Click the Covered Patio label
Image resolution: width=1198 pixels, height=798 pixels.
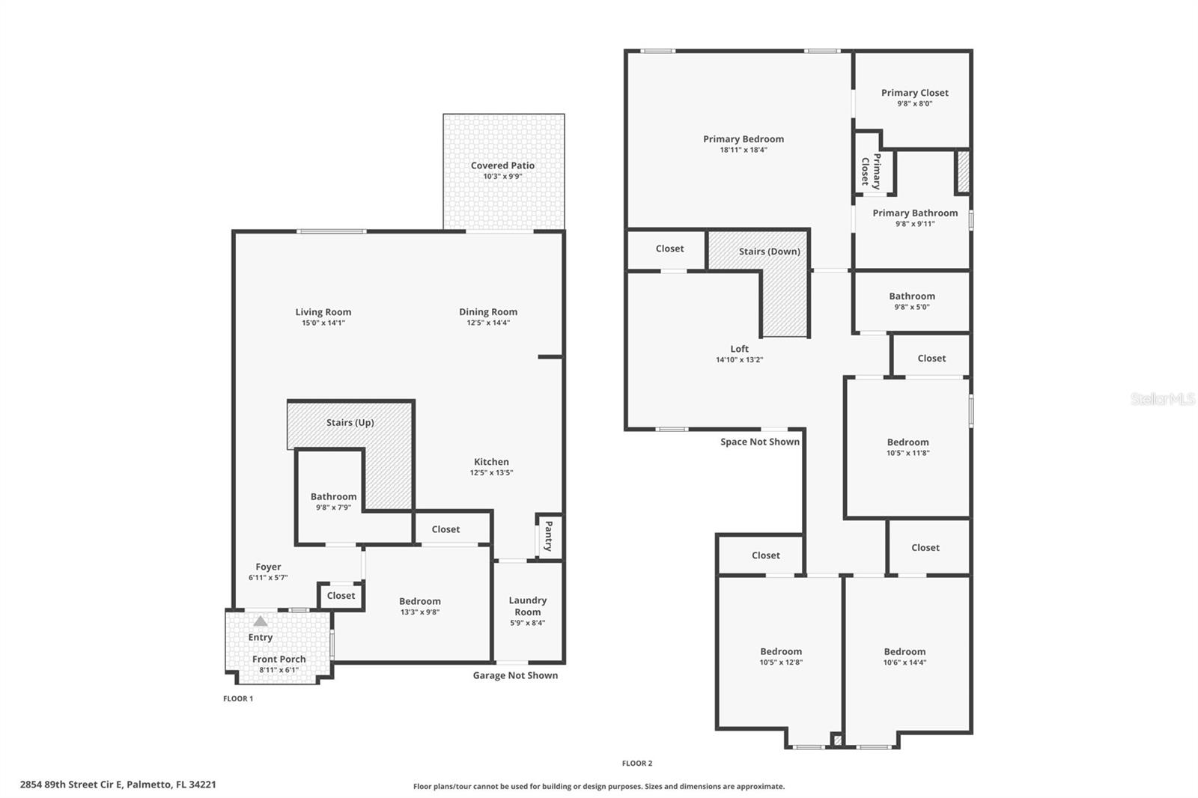point(502,165)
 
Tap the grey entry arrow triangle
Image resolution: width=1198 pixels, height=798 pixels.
point(260,621)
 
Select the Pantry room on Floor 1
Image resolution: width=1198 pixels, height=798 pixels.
point(549,536)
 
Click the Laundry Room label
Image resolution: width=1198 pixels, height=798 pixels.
point(527,606)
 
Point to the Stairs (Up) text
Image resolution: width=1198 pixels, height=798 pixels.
point(350,422)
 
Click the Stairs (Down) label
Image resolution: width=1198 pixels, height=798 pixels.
point(769,252)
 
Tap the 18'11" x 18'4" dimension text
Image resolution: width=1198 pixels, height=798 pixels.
point(743,150)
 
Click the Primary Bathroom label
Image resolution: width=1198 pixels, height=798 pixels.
point(915,213)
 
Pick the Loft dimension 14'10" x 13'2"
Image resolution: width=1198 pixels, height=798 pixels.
point(739,360)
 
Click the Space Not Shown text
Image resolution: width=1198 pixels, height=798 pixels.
point(759,442)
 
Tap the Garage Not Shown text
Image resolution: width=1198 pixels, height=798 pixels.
point(515,675)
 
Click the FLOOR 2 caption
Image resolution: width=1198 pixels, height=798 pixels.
point(636,764)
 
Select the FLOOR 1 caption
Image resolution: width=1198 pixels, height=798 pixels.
point(238,698)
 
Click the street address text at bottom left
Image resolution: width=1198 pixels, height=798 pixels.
point(118,785)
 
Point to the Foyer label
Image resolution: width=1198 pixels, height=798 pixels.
point(268,567)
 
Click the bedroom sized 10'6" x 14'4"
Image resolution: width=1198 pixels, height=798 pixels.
point(904,657)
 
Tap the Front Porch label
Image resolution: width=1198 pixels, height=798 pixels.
point(279,660)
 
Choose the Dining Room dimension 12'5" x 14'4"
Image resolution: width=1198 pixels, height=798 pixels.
point(488,323)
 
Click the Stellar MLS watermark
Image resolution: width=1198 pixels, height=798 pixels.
point(1162,399)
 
